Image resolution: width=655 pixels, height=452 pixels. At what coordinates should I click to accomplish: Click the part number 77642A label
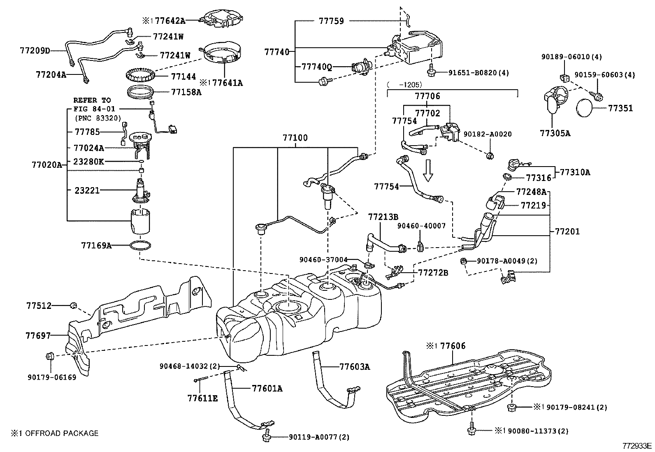(172, 20)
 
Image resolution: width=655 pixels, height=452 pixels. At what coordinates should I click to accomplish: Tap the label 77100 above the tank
(295, 138)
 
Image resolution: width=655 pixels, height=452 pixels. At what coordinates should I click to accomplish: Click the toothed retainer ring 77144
(141, 76)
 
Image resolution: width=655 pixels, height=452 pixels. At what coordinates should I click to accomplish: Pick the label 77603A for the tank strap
(354, 366)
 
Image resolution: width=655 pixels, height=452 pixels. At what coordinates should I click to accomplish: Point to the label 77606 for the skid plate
(453, 346)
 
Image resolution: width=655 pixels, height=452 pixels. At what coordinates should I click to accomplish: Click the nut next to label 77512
(74, 305)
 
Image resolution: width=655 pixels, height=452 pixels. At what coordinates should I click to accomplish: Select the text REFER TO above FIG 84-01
(92, 100)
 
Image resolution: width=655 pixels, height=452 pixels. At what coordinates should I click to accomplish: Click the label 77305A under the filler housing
(555, 133)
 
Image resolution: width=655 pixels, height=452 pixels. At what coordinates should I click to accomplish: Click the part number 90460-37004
(323, 260)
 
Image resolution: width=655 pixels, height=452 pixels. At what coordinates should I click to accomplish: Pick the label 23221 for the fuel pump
(87, 190)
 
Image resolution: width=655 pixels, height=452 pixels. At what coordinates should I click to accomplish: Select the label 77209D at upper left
(35, 51)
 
